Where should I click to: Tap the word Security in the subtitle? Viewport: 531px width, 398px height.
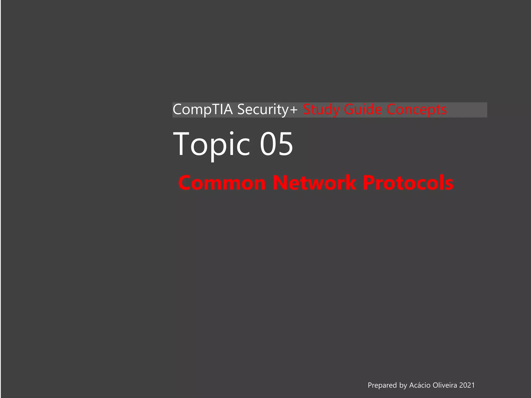click(263, 110)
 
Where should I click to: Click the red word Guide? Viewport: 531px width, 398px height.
click(363, 110)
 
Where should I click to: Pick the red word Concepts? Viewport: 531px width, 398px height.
click(417, 110)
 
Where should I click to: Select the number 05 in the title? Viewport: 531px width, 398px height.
click(276, 144)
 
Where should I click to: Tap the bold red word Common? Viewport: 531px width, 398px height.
click(222, 183)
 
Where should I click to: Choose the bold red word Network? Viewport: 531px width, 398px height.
click(314, 183)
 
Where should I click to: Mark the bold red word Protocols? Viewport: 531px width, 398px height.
click(408, 183)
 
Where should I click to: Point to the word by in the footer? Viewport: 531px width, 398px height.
click(403, 386)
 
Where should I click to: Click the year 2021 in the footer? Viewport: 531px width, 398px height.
click(467, 385)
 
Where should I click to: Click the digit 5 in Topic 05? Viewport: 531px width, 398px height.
click(285, 144)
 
